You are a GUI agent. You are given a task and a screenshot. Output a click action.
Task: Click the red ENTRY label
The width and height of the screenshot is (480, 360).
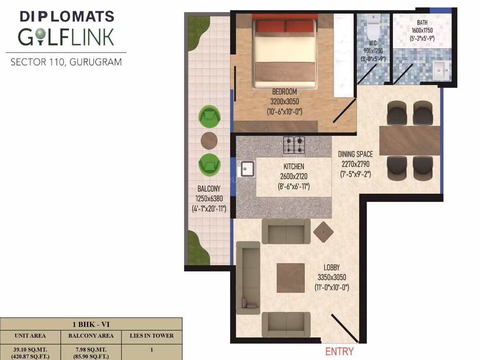click(339, 351)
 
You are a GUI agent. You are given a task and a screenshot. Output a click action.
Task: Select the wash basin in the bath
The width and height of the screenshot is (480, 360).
click(441, 70)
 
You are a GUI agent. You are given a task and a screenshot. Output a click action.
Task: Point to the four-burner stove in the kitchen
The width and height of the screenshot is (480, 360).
click(294, 145)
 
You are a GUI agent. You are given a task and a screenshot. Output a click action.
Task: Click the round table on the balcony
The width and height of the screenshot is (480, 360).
click(209, 141)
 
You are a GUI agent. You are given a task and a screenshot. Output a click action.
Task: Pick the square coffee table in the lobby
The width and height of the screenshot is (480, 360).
click(290, 278)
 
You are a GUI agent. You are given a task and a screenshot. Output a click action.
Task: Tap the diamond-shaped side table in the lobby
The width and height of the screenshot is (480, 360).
click(323, 232)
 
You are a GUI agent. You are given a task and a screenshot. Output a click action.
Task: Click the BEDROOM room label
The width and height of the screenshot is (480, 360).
click(284, 91)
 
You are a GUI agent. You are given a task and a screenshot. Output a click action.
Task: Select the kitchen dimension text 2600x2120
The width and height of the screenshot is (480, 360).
click(293, 176)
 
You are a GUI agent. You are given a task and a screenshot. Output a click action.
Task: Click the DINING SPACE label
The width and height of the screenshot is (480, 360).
click(355, 154)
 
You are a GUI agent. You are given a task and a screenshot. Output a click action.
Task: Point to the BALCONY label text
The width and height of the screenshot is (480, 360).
click(209, 189)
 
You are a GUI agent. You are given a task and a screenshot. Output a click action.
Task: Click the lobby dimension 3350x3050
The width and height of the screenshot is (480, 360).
click(331, 277)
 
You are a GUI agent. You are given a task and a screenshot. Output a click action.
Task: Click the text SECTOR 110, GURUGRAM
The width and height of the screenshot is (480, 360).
click(66, 62)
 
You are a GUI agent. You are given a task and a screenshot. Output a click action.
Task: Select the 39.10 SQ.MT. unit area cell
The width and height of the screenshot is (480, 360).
click(30, 353)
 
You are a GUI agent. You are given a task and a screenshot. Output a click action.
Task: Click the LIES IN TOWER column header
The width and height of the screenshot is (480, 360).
click(151, 336)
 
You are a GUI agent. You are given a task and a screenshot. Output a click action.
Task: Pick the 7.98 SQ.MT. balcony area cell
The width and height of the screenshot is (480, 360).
click(91, 353)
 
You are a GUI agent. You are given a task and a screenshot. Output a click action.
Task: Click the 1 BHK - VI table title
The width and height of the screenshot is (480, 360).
click(91, 324)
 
